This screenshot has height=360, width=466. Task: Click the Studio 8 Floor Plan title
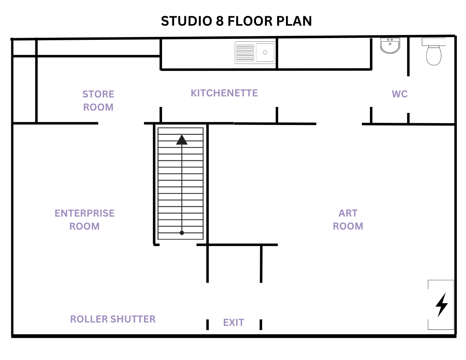(236, 21)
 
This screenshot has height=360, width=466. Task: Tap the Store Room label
(98, 101)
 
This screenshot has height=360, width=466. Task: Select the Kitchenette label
(224, 93)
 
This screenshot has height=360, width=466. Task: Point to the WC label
(400, 94)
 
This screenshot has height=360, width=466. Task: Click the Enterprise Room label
(84, 220)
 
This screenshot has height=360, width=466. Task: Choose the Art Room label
(348, 220)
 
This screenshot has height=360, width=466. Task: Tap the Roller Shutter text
(113, 319)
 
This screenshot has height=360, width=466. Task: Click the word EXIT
(234, 323)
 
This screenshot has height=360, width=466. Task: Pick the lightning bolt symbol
(442, 305)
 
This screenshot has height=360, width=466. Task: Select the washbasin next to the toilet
(390, 46)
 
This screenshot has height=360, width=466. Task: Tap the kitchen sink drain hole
(265, 53)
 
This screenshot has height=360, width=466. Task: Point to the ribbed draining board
(245, 53)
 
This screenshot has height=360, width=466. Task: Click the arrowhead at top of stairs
(182, 139)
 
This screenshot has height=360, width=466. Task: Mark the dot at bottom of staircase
(182, 233)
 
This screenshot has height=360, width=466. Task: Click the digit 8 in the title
(220, 21)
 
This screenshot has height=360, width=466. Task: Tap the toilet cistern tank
(434, 42)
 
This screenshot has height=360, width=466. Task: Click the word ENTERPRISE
(84, 213)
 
